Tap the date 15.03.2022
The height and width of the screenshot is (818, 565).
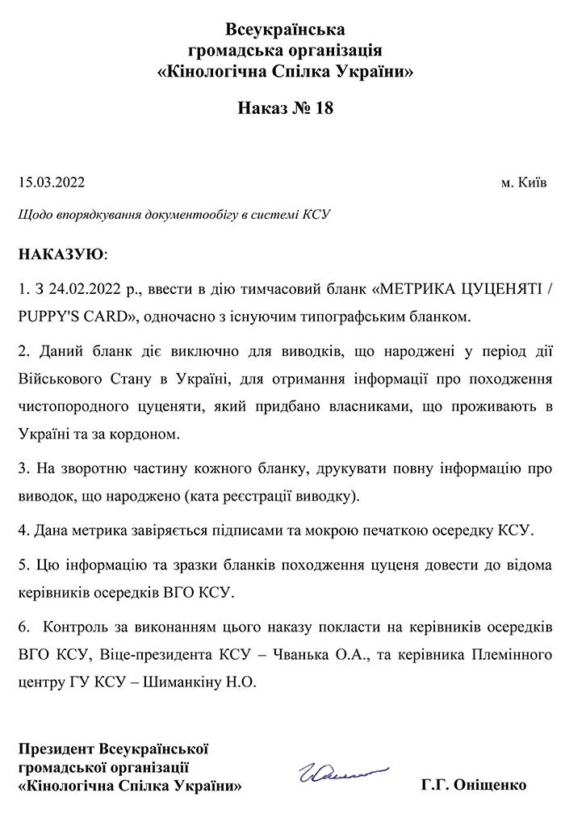[x=51, y=182]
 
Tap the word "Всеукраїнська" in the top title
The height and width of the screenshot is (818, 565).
[x=286, y=30]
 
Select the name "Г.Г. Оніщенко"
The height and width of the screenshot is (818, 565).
[x=474, y=785]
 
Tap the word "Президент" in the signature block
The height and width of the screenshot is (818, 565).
[x=56, y=749]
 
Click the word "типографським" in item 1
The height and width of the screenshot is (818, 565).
[x=378, y=317]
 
